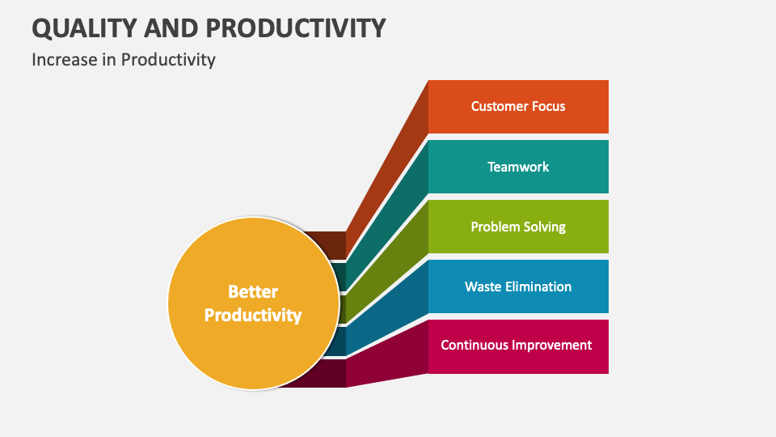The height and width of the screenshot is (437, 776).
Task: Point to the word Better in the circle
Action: pos(252,291)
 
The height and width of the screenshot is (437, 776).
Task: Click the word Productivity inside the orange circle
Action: pos(252,315)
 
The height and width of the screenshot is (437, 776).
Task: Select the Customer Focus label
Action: pos(518,106)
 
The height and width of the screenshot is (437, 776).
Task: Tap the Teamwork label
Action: pos(518,167)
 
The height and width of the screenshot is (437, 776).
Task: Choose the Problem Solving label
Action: pos(518,227)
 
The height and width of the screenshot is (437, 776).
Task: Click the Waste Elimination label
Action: pos(518,286)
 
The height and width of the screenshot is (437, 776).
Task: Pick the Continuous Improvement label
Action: pos(516,346)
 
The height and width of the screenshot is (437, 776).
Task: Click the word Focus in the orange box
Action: pos(547,106)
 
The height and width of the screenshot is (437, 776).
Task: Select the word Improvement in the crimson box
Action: pos(554,346)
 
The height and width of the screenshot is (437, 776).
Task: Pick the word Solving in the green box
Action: pos(544,227)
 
